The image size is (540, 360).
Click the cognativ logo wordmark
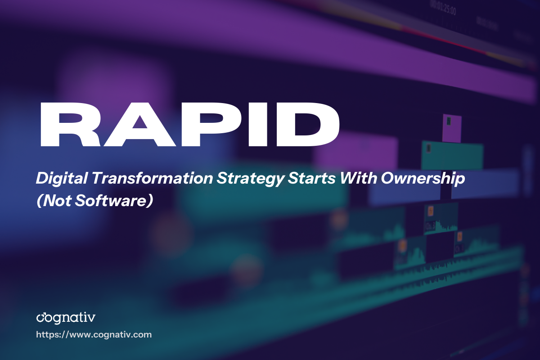tap(65, 318)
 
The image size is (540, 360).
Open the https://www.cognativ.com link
tap(94, 335)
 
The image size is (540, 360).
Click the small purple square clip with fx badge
tap(452, 128)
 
